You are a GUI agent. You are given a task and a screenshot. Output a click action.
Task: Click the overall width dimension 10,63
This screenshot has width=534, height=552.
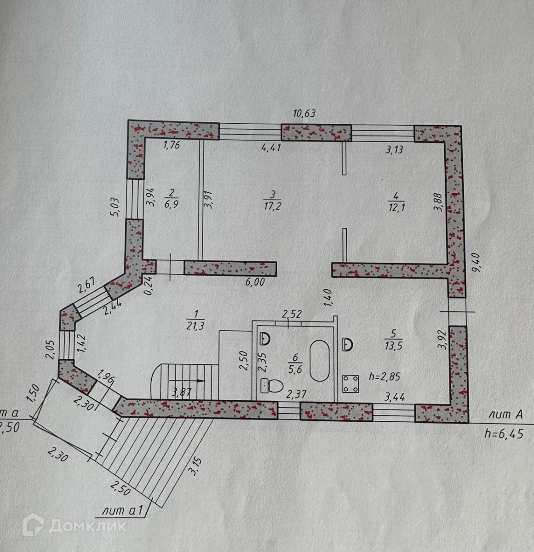click(x=304, y=113)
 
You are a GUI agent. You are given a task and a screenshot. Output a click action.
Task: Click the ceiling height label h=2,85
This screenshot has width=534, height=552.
click(x=385, y=376)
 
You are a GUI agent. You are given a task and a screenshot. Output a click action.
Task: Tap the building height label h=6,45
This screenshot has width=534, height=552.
click(x=504, y=433)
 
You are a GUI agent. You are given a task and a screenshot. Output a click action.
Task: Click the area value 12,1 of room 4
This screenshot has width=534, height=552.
click(x=394, y=207)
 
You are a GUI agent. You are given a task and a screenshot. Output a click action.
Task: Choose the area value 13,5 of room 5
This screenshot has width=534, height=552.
click(x=391, y=346)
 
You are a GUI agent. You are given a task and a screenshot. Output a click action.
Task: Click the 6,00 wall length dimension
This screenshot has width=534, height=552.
click(x=256, y=282)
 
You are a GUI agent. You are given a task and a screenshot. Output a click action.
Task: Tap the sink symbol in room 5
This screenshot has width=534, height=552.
click(x=348, y=343)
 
